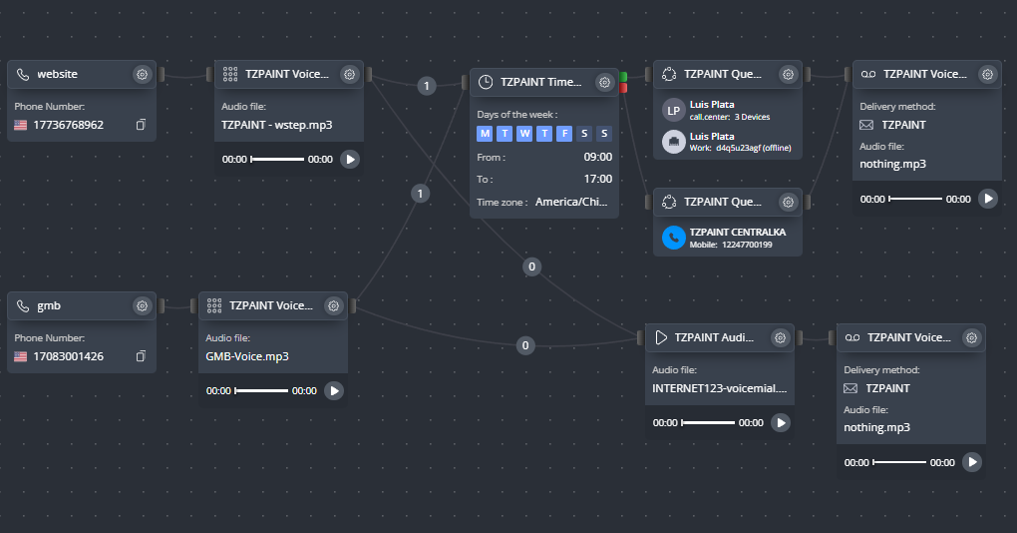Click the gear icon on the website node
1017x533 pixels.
point(142,75)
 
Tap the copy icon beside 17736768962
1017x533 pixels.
point(141,125)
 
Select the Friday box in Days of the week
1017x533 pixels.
point(564,134)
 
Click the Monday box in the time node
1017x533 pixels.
point(485,134)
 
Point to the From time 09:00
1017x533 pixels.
point(597,157)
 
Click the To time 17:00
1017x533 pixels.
point(597,180)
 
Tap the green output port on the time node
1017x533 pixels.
point(623,77)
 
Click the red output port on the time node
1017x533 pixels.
point(623,88)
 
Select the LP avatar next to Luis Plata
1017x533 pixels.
point(674,111)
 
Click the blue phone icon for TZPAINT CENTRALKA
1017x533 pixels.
point(674,238)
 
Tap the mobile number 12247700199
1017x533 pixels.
point(747,245)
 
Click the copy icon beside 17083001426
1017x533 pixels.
point(141,356)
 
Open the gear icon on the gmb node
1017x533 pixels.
point(142,305)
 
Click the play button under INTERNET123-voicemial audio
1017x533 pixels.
point(781,422)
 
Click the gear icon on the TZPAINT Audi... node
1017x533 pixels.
point(780,337)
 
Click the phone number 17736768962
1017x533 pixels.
point(68,125)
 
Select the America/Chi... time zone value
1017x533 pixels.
point(571,202)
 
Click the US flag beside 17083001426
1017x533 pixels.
point(21,356)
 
